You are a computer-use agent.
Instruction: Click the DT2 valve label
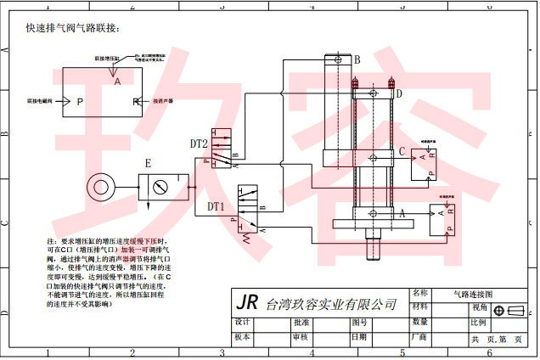199,145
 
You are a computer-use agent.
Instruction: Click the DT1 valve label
216,206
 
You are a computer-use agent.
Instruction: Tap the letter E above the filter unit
148,163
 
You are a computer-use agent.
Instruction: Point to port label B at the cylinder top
357,60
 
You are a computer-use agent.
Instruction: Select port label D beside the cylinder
398,93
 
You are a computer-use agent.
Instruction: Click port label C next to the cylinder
402,151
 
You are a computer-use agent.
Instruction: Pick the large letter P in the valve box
80,102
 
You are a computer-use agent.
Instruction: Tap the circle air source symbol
102,184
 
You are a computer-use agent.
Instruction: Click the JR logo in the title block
246,302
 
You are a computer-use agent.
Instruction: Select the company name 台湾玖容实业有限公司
331,304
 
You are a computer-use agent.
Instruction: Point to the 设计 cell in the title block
243,323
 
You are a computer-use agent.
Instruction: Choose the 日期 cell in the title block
359,337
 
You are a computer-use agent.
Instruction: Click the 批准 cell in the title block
301,323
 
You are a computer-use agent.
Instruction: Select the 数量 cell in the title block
419,323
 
